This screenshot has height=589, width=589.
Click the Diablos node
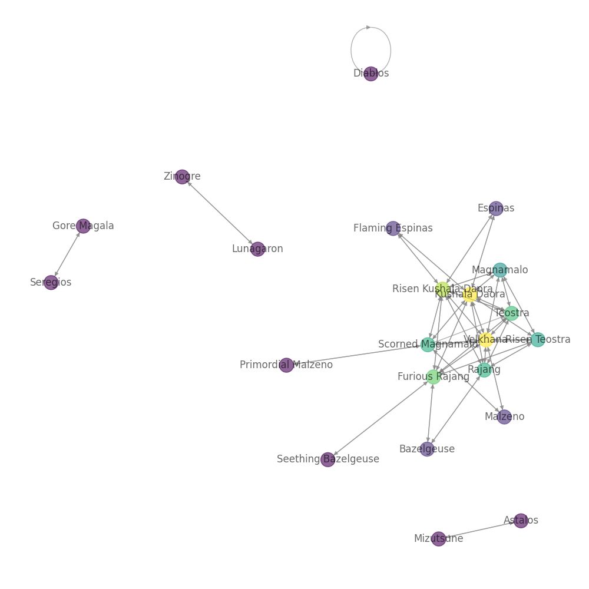pos(370,74)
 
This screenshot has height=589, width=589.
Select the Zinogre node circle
pos(182,177)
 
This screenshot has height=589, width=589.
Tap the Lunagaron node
pos(257,249)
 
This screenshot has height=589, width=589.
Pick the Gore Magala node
pos(83,226)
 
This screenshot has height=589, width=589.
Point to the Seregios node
pos(51,283)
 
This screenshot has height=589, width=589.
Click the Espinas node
pos(496,209)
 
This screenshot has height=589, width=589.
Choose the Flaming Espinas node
pos(393,229)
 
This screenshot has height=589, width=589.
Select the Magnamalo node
pos(499,270)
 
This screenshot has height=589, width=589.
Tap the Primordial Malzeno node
pos(286,365)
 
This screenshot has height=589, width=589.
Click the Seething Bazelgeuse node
pos(328,460)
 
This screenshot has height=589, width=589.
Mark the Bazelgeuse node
pos(427,449)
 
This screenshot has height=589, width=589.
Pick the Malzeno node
pos(504,417)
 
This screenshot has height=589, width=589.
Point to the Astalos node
pos(521,521)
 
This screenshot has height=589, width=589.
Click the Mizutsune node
pos(438,539)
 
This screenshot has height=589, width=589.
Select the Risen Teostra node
pos(538,340)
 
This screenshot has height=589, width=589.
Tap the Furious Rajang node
pos(433,377)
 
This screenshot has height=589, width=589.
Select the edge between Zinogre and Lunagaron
pos(220,213)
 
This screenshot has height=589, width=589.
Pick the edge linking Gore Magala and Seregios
pos(67,254)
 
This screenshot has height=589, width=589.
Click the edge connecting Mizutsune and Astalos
pos(479,530)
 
